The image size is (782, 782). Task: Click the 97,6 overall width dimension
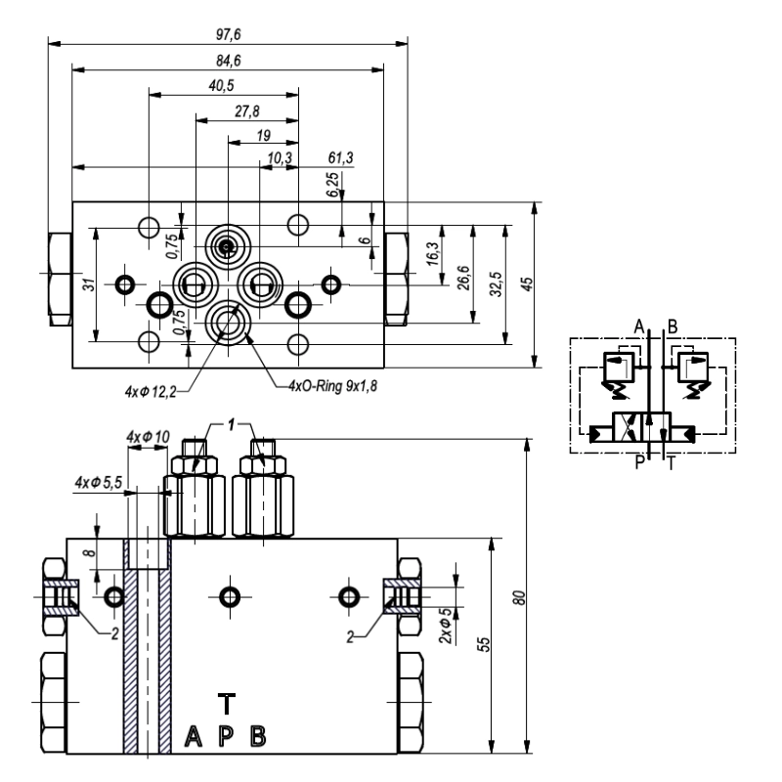227,35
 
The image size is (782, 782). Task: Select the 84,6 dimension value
227,62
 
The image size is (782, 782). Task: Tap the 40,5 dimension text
223,87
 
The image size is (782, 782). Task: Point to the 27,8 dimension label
246,111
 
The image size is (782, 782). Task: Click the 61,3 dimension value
340,157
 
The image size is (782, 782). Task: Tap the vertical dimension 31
85,284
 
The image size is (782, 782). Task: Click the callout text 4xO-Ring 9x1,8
332,385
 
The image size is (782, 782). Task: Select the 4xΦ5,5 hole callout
99,482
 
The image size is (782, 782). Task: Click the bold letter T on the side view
226,703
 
